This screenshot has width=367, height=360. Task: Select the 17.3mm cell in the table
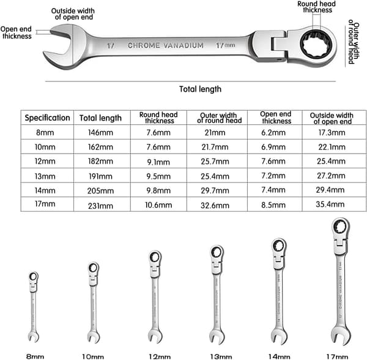pyautogui.click(x=332, y=133)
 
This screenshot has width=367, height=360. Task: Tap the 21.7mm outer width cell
pyautogui.click(x=215, y=147)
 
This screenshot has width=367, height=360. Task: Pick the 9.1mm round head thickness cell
pyautogui.click(x=158, y=162)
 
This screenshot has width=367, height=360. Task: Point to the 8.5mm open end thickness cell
pyautogui.click(x=273, y=205)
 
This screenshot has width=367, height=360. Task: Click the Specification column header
pyautogui.click(x=47, y=118)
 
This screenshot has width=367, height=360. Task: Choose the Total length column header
pyautogui.click(x=100, y=118)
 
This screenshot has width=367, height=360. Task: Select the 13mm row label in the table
pyautogui.click(x=45, y=176)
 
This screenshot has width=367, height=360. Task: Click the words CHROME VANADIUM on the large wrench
pyautogui.click(x=166, y=45)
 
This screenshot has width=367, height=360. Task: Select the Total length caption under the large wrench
pyautogui.click(x=200, y=89)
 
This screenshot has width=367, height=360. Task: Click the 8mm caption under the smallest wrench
pyautogui.click(x=35, y=356)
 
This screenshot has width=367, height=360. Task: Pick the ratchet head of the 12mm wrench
pyautogui.click(x=155, y=258)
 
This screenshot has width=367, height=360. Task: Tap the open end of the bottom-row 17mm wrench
pyautogui.click(x=341, y=336)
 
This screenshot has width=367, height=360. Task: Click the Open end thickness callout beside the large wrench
pyautogui.click(x=16, y=32)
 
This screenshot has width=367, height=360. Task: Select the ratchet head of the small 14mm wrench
pyautogui.click(x=279, y=246)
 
